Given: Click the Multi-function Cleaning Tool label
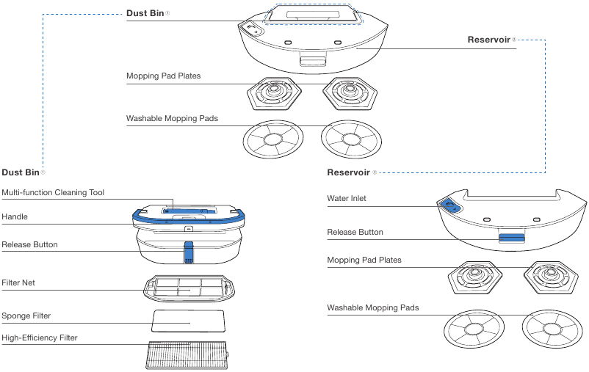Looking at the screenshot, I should pyautogui.click(x=53, y=193).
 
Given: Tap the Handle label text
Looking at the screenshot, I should pyautogui.click(x=15, y=217).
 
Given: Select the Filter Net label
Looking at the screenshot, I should pyautogui.click(x=18, y=282).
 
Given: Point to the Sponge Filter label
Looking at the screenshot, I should pyautogui.click(x=26, y=316).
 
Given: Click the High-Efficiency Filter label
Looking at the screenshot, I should pyautogui.click(x=39, y=338).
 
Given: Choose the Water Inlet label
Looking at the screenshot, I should pyautogui.click(x=347, y=198).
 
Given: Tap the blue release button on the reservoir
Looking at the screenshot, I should pyautogui.click(x=512, y=238).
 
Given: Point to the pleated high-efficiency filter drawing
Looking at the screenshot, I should pyautogui.click(x=187, y=356).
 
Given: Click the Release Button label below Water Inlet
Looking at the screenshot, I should pyautogui.click(x=355, y=232).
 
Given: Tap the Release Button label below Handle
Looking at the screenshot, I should pyautogui.click(x=29, y=244).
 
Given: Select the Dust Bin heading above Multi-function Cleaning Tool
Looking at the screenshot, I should pyautogui.click(x=20, y=172).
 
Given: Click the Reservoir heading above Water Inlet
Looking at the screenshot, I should pyautogui.click(x=348, y=172).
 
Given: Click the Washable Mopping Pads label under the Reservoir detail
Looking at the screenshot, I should pyautogui.click(x=372, y=307).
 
